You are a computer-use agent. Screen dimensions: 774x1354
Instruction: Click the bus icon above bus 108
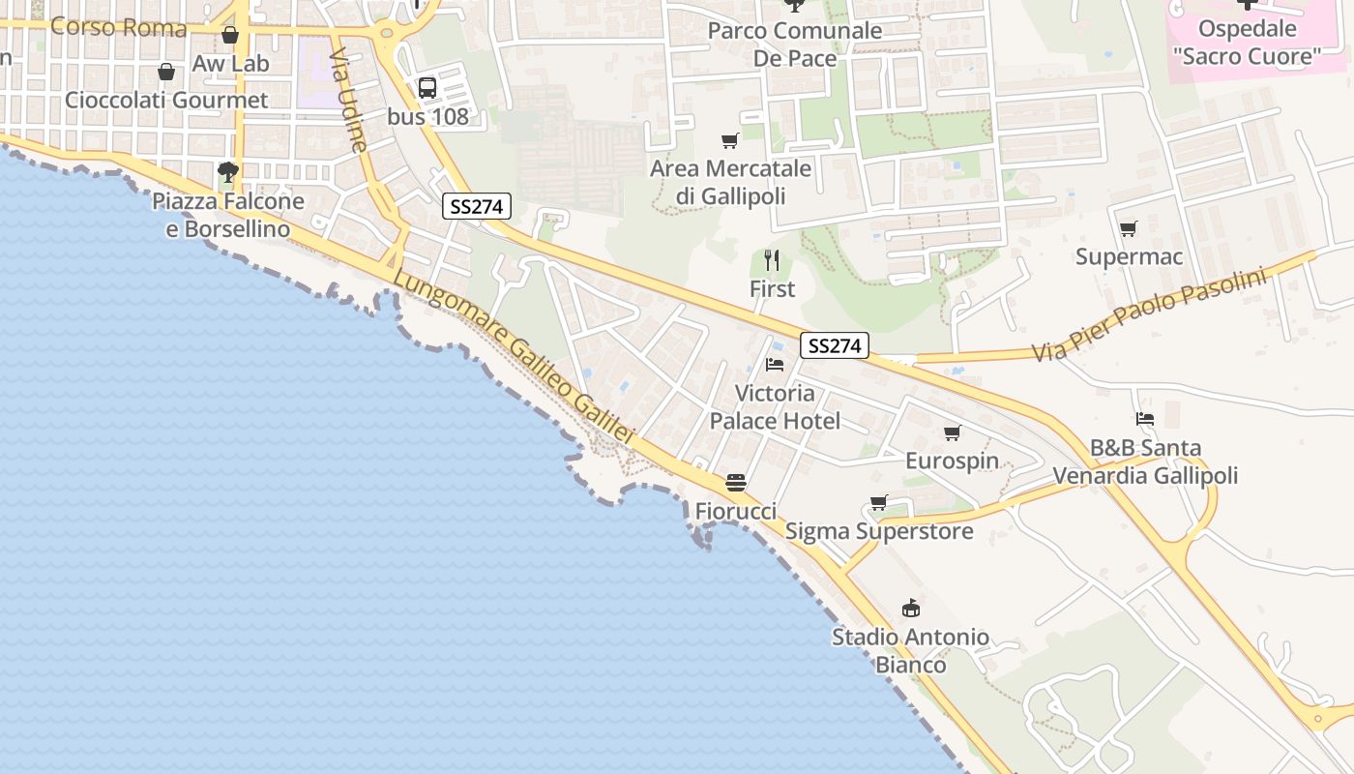[x=427, y=88]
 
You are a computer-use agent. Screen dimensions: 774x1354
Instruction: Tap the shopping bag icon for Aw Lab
[x=230, y=36]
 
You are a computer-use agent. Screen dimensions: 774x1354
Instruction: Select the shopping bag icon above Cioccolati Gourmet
[x=166, y=73]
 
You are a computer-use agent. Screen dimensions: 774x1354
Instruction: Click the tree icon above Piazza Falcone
[x=228, y=173]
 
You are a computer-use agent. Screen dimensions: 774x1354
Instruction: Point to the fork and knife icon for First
[x=772, y=260]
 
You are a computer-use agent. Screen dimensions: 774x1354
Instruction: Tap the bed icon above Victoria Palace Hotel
[x=775, y=365]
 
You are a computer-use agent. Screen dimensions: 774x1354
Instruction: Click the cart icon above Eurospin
[x=953, y=432]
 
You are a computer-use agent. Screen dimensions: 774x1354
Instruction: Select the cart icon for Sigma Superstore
[x=878, y=503]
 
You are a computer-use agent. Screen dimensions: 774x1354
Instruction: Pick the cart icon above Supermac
[x=1128, y=229]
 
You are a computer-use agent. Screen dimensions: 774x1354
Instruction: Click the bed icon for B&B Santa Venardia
[x=1145, y=419]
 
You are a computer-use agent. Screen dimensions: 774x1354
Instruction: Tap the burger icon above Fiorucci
[x=736, y=482]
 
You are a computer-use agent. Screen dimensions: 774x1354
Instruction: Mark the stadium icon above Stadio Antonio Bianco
[x=910, y=609]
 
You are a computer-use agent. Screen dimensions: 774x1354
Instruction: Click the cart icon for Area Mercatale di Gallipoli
[x=730, y=141]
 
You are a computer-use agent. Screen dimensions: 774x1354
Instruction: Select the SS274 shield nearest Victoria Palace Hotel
[x=835, y=345]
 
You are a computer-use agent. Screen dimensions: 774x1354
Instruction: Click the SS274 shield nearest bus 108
[x=477, y=206]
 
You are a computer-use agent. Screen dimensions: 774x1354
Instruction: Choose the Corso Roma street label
[x=118, y=26]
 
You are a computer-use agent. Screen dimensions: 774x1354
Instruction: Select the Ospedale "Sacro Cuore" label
[x=1247, y=43]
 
